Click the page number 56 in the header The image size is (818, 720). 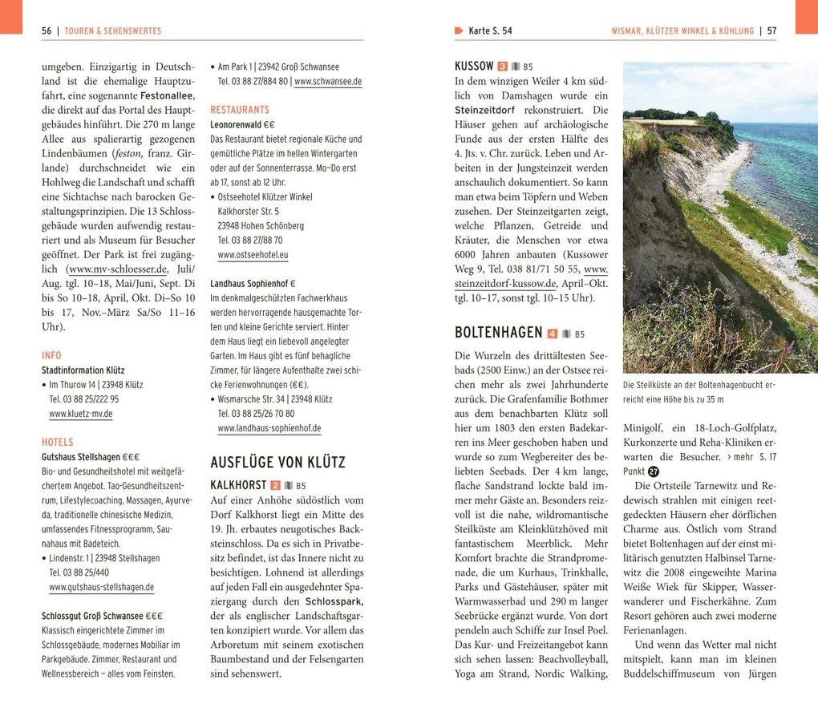[47, 31]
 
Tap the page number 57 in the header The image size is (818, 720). [771, 31]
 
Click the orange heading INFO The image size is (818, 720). [51, 355]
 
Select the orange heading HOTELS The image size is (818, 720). [58, 442]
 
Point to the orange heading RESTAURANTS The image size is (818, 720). [240, 110]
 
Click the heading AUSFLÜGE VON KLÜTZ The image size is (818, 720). [277, 463]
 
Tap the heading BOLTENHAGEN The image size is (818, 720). [498, 333]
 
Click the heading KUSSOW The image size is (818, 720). [474, 67]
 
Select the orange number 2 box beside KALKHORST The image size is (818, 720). [275, 486]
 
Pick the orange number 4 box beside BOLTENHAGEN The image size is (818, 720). [552, 334]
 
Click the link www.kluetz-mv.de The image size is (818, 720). [80, 414]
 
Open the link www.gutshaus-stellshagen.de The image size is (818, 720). [101, 587]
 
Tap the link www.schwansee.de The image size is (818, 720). [328, 82]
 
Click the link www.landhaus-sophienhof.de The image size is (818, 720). [269, 428]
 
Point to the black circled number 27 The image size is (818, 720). [654, 471]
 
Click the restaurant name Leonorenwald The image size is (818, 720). [236, 125]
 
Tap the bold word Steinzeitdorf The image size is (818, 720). [484, 110]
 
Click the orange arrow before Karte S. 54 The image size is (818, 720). [459, 31]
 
